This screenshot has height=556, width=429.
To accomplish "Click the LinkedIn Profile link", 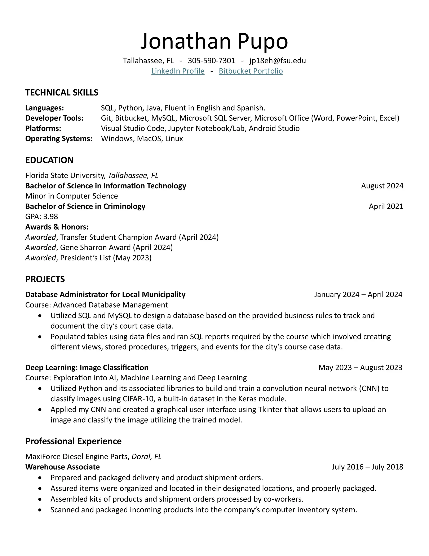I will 178,71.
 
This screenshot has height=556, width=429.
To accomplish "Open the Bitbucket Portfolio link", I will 251,71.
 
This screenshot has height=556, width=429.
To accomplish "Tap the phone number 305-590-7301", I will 211,61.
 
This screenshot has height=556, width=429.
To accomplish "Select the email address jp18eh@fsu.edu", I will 278,61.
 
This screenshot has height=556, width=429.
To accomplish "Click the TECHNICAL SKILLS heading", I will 62,92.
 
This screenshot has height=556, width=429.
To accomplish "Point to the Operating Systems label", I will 59,138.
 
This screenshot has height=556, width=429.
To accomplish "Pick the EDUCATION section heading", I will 49,160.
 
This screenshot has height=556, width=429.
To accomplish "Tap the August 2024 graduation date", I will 382,186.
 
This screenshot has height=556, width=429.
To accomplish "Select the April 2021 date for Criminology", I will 386,206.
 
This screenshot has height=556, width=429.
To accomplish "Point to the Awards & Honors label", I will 57,227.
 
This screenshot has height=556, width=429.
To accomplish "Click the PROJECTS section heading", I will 45,279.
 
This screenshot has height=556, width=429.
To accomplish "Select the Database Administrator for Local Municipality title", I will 105,295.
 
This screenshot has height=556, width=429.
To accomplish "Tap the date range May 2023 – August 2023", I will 360,368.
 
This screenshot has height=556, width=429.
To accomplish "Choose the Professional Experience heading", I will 74,441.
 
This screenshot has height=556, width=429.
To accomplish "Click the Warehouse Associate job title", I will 62,467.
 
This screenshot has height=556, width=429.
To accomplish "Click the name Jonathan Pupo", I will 214,41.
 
